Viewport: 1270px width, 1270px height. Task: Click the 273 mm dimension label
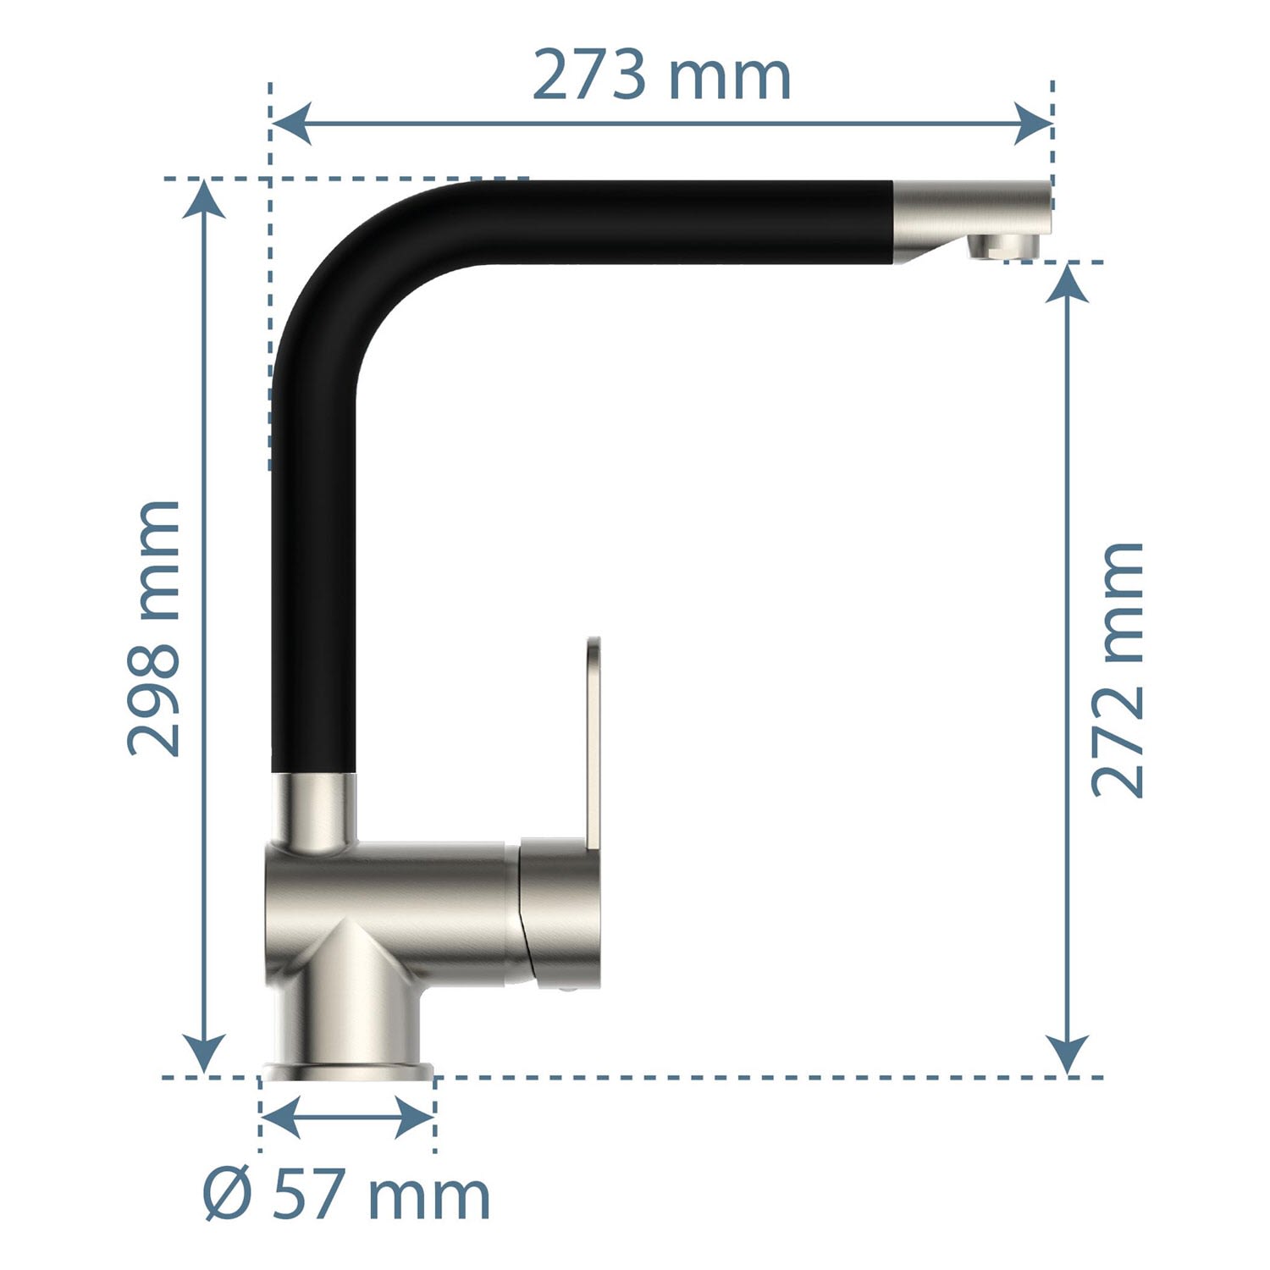coord(661,76)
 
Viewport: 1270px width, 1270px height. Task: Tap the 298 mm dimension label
coord(154,627)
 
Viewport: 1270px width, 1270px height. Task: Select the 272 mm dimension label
coord(1118,670)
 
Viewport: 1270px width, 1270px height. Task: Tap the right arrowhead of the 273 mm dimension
coord(1032,124)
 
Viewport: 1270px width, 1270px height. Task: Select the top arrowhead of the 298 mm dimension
coord(204,200)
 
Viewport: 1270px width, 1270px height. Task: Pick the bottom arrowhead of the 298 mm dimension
coord(204,1056)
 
